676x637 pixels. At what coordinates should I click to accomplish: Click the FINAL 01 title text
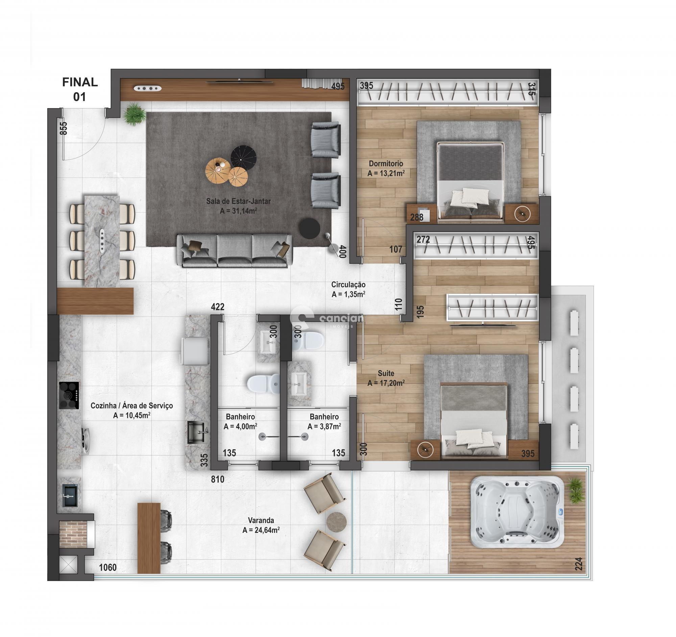[80, 89]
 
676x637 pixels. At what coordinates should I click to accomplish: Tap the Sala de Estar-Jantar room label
[238, 201]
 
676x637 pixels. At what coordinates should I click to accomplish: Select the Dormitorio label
[386, 164]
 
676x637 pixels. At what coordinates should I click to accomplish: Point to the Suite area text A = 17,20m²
[386, 383]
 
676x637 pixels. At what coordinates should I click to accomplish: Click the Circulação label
[348, 285]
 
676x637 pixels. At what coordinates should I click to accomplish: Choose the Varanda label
[261, 520]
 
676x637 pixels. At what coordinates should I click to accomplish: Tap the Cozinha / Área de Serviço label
[131, 406]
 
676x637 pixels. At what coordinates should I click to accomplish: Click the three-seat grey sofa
[234, 251]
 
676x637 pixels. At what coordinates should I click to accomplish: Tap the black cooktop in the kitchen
[69, 395]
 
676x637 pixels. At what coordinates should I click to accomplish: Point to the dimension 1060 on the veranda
[108, 567]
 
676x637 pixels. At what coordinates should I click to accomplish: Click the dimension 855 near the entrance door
[63, 128]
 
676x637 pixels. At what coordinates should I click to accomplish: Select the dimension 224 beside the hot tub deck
[579, 564]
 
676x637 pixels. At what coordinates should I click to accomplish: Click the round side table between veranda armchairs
[337, 521]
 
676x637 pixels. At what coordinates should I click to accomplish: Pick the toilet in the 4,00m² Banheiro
[264, 384]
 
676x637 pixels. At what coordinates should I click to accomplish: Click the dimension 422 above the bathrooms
[218, 307]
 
